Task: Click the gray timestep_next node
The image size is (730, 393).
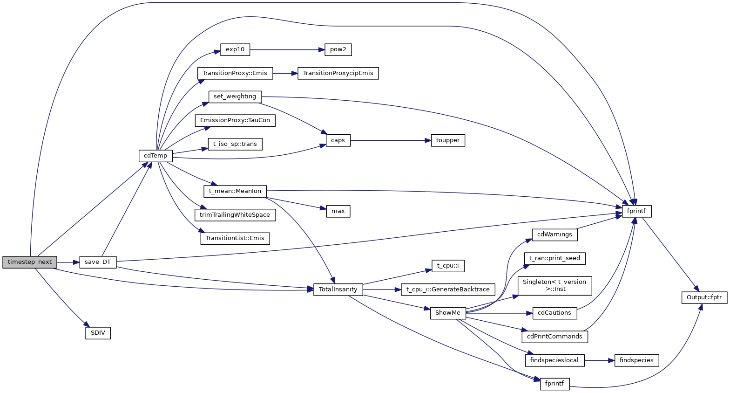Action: (x=30, y=262)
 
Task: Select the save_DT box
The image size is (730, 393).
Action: (x=98, y=262)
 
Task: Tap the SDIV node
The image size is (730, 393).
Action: (x=98, y=333)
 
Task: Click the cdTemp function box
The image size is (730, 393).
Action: (x=155, y=156)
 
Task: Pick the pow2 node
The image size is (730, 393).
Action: (x=338, y=49)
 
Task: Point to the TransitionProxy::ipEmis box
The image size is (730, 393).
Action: (x=338, y=73)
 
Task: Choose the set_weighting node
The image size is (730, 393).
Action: (x=235, y=97)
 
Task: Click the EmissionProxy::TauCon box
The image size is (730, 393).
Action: (x=235, y=120)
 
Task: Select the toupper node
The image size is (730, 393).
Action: (x=448, y=140)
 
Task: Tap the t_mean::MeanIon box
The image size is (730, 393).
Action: (x=235, y=191)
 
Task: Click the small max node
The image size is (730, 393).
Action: (x=338, y=211)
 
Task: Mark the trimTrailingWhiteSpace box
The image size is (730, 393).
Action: (x=235, y=215)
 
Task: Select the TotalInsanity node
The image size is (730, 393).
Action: (x=338, y=290)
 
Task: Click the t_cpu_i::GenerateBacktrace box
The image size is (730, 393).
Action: (x=448, y=290)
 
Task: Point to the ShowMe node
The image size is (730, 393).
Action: (x=448, y=313)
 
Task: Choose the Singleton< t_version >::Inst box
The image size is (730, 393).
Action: (x=554, y=285)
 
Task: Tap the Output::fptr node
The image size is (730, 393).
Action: (x=704, y=297)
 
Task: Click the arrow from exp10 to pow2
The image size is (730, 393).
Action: (x=284, y=49)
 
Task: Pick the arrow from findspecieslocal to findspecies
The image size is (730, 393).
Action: (x=599, y=360)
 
